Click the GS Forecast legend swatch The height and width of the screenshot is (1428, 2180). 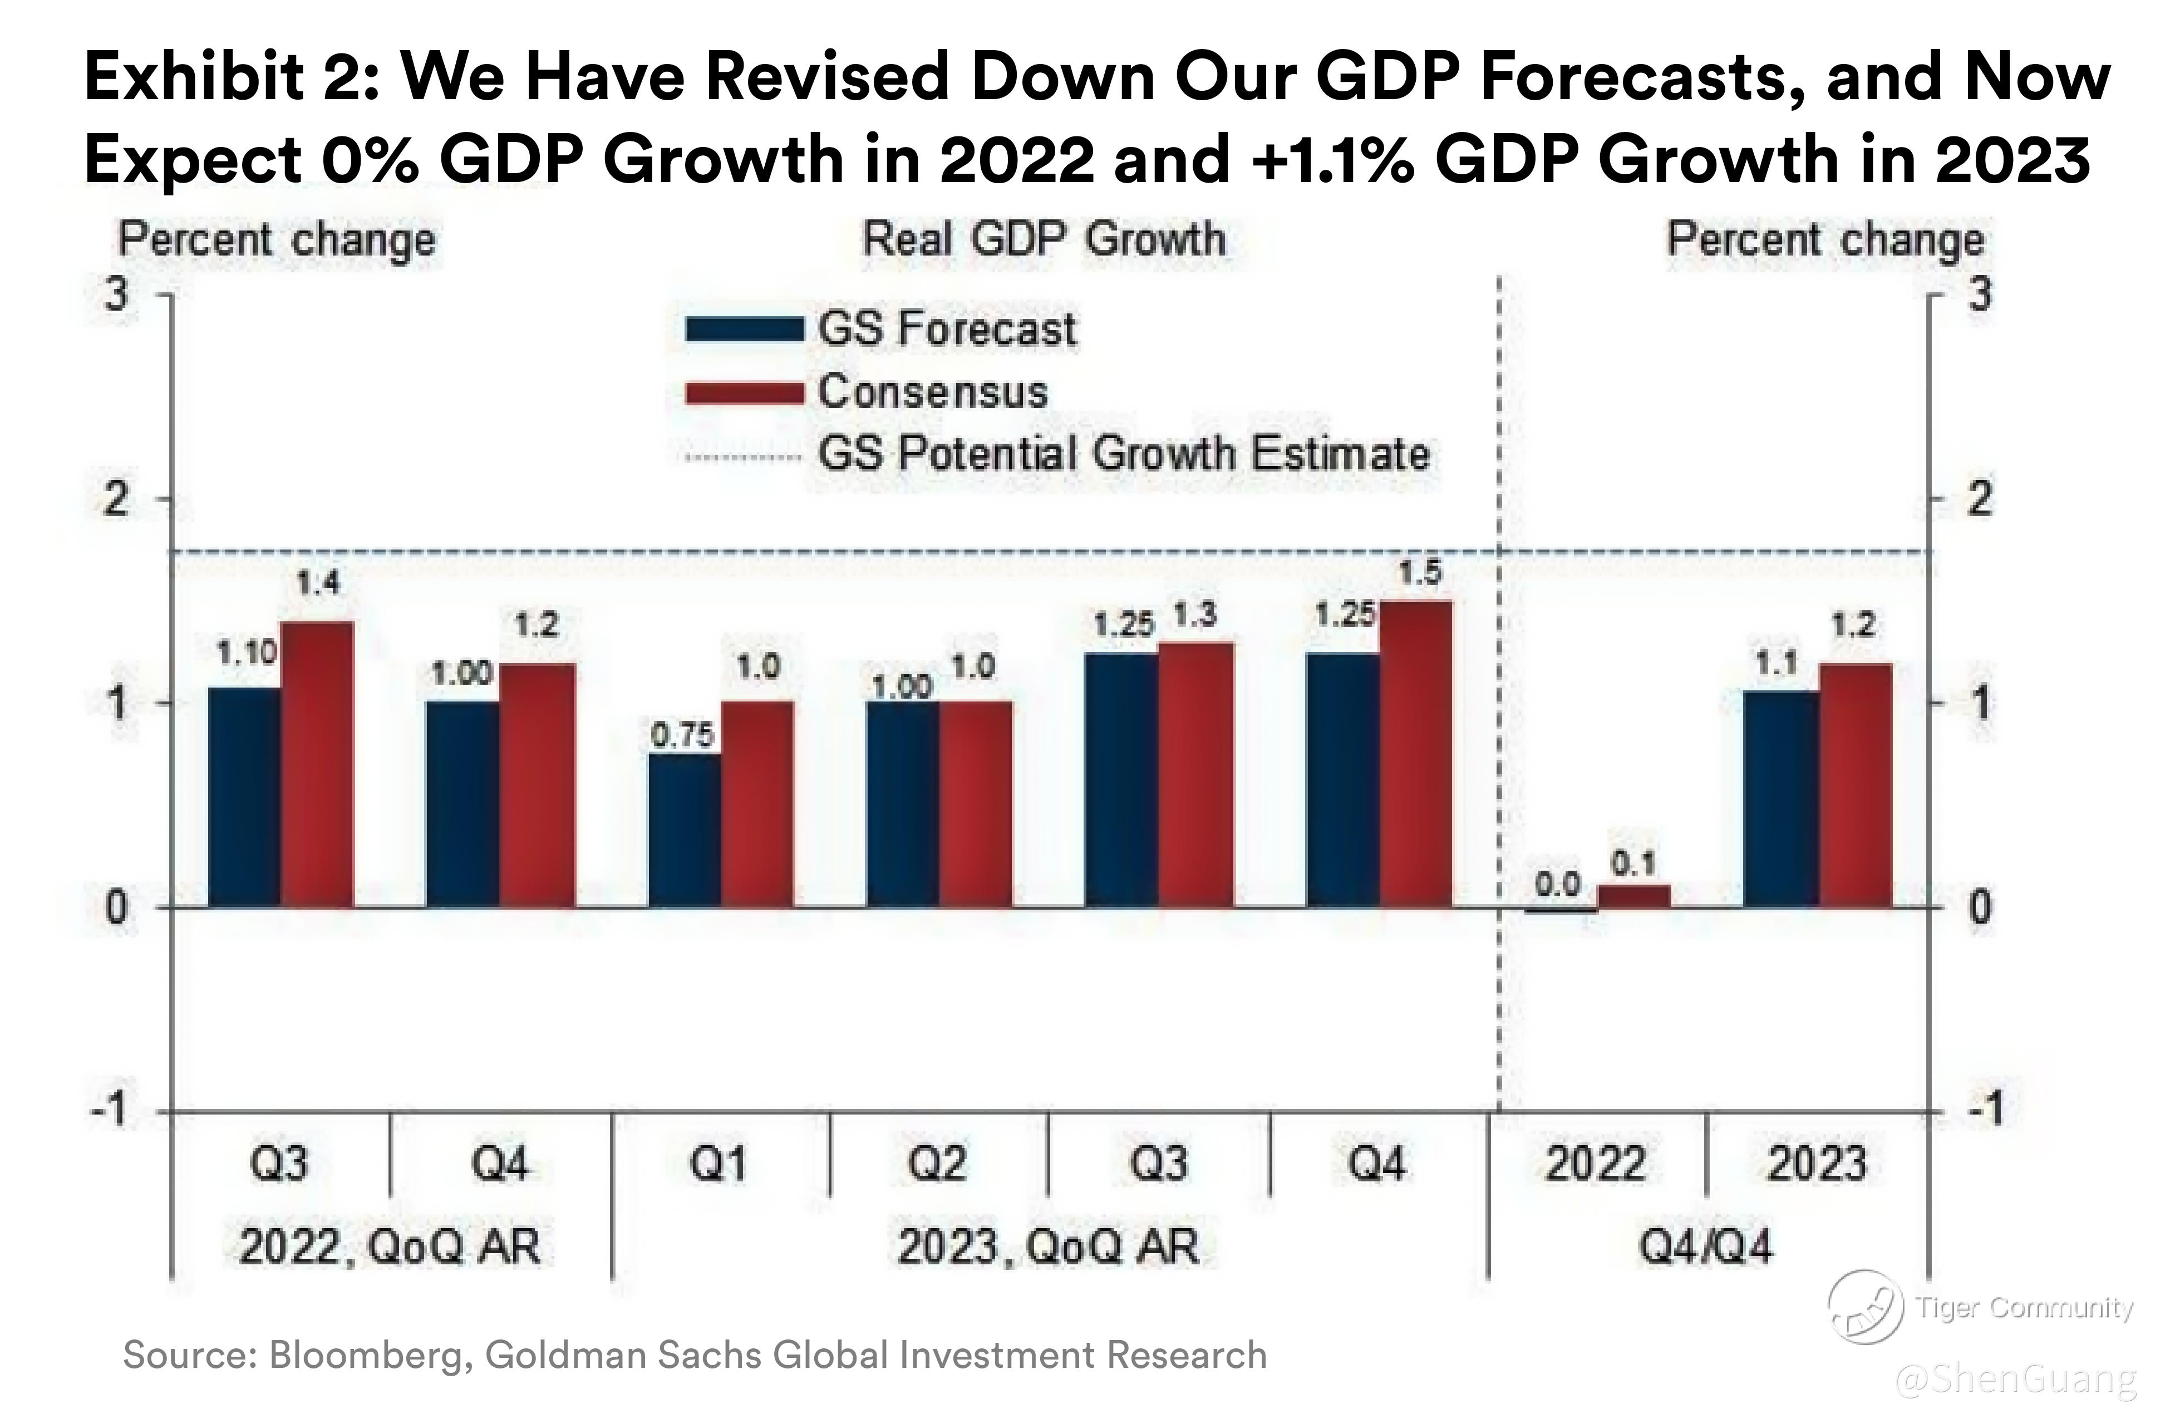pyautogui.click(x=744, y=330)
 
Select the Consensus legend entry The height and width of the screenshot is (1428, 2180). pyautogui.click(x=932, y=392)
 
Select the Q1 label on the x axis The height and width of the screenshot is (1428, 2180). pyautogui.click(x=719, y=1164)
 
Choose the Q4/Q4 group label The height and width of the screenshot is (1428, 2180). pyautogui.click(x=1705, y=1247)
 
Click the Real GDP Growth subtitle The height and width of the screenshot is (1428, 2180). pyautogui.click(x=1044, y=240)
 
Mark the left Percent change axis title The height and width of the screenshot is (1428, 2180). pyautogui.click(x=277, y=240)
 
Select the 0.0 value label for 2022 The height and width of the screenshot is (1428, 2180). pyautogui.click(x=1558, y=884)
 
